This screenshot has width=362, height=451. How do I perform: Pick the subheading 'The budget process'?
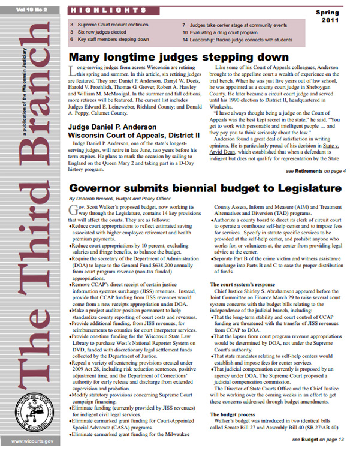pyautogui.click(x=233, y=414)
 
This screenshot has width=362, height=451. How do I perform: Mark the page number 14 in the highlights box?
pyautogui.click(x=186, y=39)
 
